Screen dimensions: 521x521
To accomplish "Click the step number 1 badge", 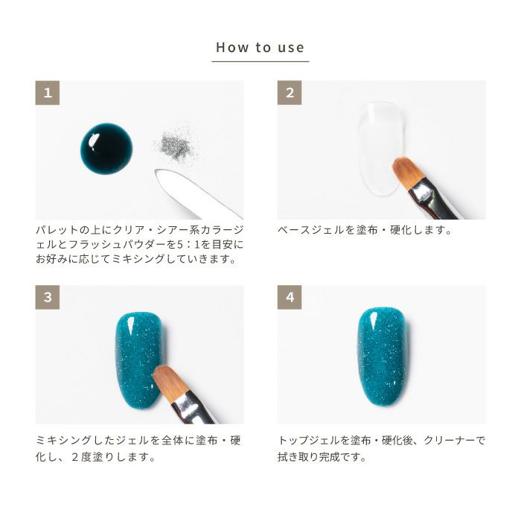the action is pyautogui.click(x=48, y=93).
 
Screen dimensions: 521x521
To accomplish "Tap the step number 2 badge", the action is pyautogui.click(x=290, y=93).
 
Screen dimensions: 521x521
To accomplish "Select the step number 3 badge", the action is pyautogui.click(x=48, y=297).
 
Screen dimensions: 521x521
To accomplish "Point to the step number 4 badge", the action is pyautogui.click(x=290, y=297).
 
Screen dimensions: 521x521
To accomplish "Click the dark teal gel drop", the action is pyautogui.click(x=106, y=149).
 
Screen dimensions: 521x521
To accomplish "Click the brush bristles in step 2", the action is pyautogui.click(x=407, y=173).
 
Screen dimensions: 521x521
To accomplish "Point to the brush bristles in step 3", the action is pyautogui.click(x=168, y=382).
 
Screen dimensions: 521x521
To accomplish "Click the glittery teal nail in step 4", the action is pyautogui.click(x=382, y=357).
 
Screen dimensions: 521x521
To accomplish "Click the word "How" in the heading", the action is pyautogui.click(x=232, y=47).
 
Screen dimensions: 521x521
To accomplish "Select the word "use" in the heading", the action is pyautogui.click(x=291, y=48).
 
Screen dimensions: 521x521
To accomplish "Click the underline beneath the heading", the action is pyautogui.click(x=260, y=61).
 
